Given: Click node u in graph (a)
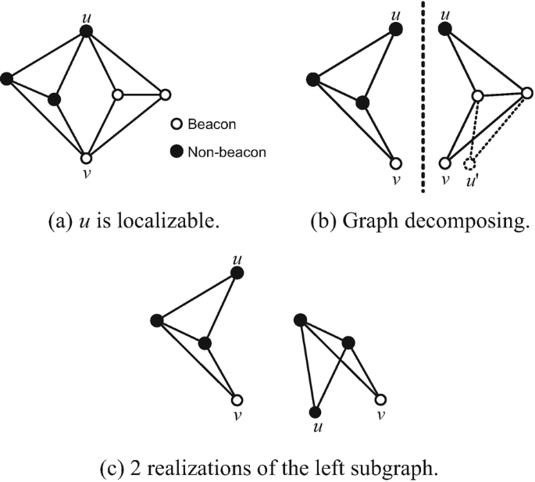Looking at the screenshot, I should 87,31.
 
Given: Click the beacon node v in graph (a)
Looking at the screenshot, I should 87,157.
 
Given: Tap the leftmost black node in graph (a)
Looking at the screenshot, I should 7,78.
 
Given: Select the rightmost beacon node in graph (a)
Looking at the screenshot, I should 165,95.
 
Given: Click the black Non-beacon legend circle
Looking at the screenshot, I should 177,152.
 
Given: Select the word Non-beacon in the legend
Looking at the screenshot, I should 227,152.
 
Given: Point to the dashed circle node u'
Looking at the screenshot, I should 469,164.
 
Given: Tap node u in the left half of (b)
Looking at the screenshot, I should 396,29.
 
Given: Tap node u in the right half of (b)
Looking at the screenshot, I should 445,29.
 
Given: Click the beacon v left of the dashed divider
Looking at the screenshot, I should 396,164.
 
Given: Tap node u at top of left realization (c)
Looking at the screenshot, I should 238,272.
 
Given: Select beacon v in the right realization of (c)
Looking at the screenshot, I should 380,398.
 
